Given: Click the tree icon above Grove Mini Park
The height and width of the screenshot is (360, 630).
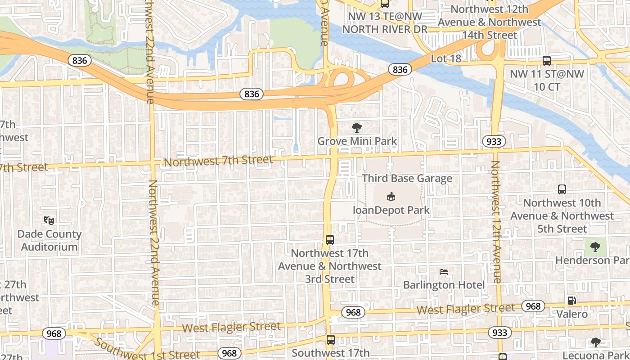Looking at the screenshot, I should point(357,128).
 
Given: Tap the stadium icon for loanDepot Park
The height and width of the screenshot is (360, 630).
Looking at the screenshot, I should point(391,197).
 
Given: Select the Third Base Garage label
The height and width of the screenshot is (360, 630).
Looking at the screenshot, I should point(407,178).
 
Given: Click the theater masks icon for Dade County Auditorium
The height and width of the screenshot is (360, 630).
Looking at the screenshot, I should point(49,220).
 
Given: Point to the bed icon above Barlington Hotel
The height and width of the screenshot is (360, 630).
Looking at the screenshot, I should point(444,272).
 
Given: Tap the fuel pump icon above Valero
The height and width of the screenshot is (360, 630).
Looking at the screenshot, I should point(571,301).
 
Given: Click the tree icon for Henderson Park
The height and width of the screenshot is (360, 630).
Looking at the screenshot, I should point(595,247).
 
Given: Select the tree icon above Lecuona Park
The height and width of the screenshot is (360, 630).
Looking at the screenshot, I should point(595,342).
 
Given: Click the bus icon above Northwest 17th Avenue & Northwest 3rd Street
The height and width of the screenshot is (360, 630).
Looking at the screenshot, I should point(330,240).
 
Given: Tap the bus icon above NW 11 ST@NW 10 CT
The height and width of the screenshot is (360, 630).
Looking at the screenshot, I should point(547,61).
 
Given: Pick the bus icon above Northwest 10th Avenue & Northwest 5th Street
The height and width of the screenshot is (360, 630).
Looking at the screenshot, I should point(562,189).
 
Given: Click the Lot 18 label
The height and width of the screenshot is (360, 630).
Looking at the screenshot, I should point(446,58).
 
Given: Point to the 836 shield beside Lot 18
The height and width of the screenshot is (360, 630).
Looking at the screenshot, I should point(400,69).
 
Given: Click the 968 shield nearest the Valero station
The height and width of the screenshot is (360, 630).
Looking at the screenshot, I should point(533,306).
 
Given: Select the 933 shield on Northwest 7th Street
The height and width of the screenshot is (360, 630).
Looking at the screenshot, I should point(494,141).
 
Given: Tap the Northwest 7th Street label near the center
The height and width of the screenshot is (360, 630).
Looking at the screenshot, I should point(218,161).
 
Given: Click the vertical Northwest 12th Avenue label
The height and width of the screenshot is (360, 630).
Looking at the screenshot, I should point(496,222).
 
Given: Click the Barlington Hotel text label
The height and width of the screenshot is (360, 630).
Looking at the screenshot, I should point(444,285).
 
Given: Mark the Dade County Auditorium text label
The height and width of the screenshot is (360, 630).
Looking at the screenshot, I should point(49,240).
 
